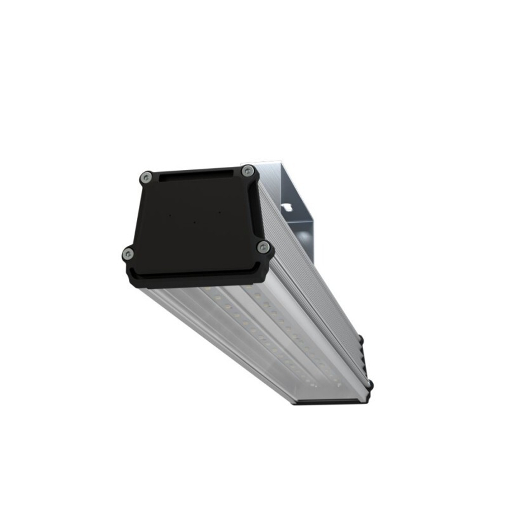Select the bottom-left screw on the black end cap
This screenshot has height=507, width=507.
point(129,253)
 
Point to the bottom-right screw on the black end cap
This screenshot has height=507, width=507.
point(263,247)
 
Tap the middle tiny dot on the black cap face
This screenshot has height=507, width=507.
point(194,221)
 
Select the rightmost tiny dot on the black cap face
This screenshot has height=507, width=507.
point(219,211)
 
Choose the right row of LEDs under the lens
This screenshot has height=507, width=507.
point(294,330)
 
